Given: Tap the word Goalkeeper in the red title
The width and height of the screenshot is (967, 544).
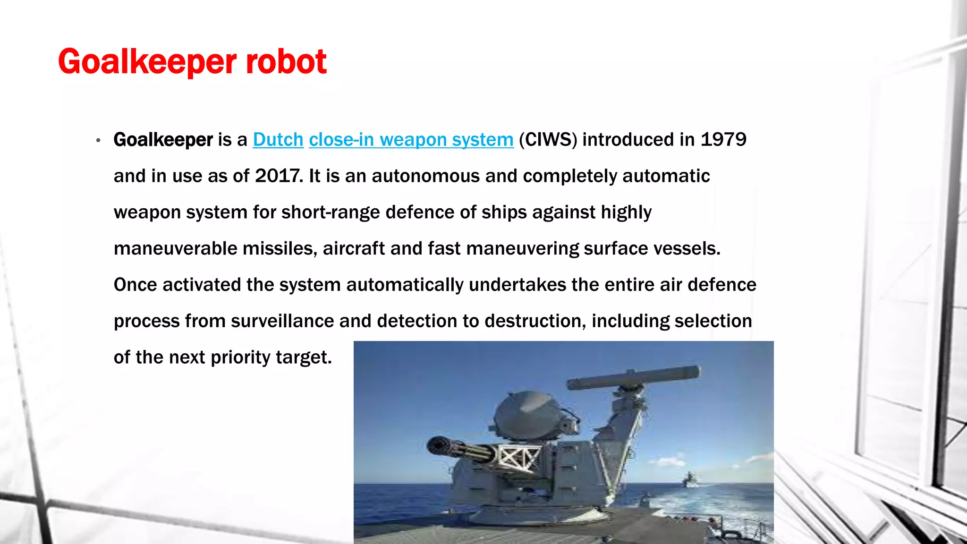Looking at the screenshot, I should coord(147,62).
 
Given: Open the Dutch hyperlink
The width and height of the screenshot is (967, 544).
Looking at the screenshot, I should coord(278,140).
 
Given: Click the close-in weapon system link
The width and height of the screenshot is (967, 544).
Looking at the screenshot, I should coord(411,140).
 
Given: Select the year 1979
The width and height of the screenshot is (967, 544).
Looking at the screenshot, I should coord(723,140).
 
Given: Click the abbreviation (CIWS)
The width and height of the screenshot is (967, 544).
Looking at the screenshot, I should coord(548,140).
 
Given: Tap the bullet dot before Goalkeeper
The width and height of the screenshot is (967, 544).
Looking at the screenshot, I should coord(98,140).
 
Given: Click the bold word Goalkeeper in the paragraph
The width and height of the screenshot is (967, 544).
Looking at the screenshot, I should coord(163,140).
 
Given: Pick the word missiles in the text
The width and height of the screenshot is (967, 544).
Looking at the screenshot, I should coord(280,249).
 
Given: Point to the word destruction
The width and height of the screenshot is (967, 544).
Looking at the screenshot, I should coord(535,321).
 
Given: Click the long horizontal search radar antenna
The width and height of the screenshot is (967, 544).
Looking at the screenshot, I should coord(633,377).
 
